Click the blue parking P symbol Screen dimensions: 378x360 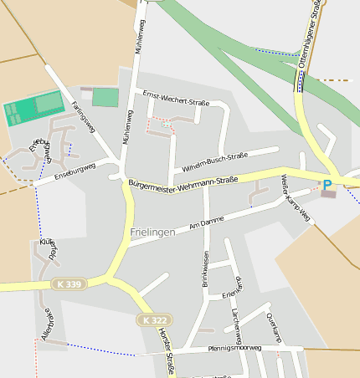[327, 184]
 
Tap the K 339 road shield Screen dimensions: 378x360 [70, 284]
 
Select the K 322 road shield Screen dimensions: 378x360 [153, 320]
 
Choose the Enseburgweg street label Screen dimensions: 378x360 [75, 171]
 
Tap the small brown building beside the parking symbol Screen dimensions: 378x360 [328, 194]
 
